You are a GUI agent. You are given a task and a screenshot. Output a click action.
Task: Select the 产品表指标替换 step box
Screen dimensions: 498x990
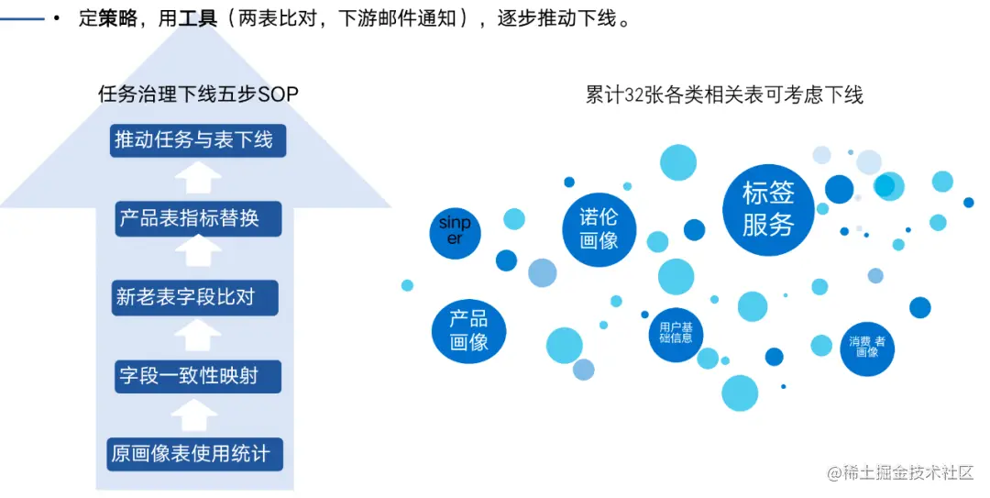click(197, 219)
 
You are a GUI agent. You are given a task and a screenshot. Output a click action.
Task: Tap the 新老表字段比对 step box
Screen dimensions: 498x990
click(195, 298)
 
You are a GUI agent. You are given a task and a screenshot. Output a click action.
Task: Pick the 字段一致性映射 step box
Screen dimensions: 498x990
click(197, 376)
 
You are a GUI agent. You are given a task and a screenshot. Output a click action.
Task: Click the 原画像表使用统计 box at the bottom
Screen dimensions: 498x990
click(195, 454)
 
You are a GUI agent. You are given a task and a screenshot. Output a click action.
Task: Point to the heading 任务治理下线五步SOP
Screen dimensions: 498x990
click(198, 94)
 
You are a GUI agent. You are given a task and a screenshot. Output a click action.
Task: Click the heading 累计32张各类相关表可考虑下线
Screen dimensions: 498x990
click(724, 94)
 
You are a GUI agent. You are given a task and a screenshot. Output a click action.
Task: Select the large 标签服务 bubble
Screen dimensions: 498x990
click(767, 209)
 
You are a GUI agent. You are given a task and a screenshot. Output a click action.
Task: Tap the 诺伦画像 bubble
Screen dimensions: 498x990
click(599, 229)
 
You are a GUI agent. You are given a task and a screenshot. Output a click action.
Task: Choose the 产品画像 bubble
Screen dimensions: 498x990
click(468, 331)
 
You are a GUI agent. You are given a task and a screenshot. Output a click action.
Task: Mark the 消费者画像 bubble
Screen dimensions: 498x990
click(866, 348)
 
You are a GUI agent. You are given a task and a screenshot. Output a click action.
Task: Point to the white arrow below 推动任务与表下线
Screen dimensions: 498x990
click(198, 178)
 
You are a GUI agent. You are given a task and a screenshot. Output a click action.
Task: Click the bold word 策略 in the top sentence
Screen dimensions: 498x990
click(118, 18)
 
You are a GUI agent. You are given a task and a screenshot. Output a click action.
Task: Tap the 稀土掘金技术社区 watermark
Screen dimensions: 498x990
click(900, 473)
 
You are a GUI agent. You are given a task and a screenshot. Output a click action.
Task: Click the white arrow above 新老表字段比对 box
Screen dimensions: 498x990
click(198, 258)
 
